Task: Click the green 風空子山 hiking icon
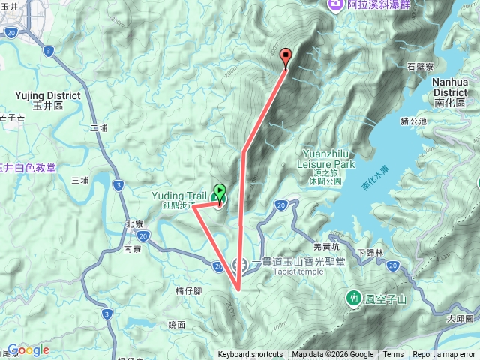pos(353,298)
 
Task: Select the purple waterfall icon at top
pos(334,5)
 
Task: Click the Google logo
pos(28,349)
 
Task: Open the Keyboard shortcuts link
pos(250,355)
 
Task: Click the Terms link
pos(393,355)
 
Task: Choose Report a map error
pos(445,355)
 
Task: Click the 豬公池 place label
pos(413,121)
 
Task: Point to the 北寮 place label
pos(134,223)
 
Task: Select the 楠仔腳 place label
pos(187,290)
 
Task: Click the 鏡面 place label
pos(177,324)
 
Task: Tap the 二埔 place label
pos(99,127)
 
